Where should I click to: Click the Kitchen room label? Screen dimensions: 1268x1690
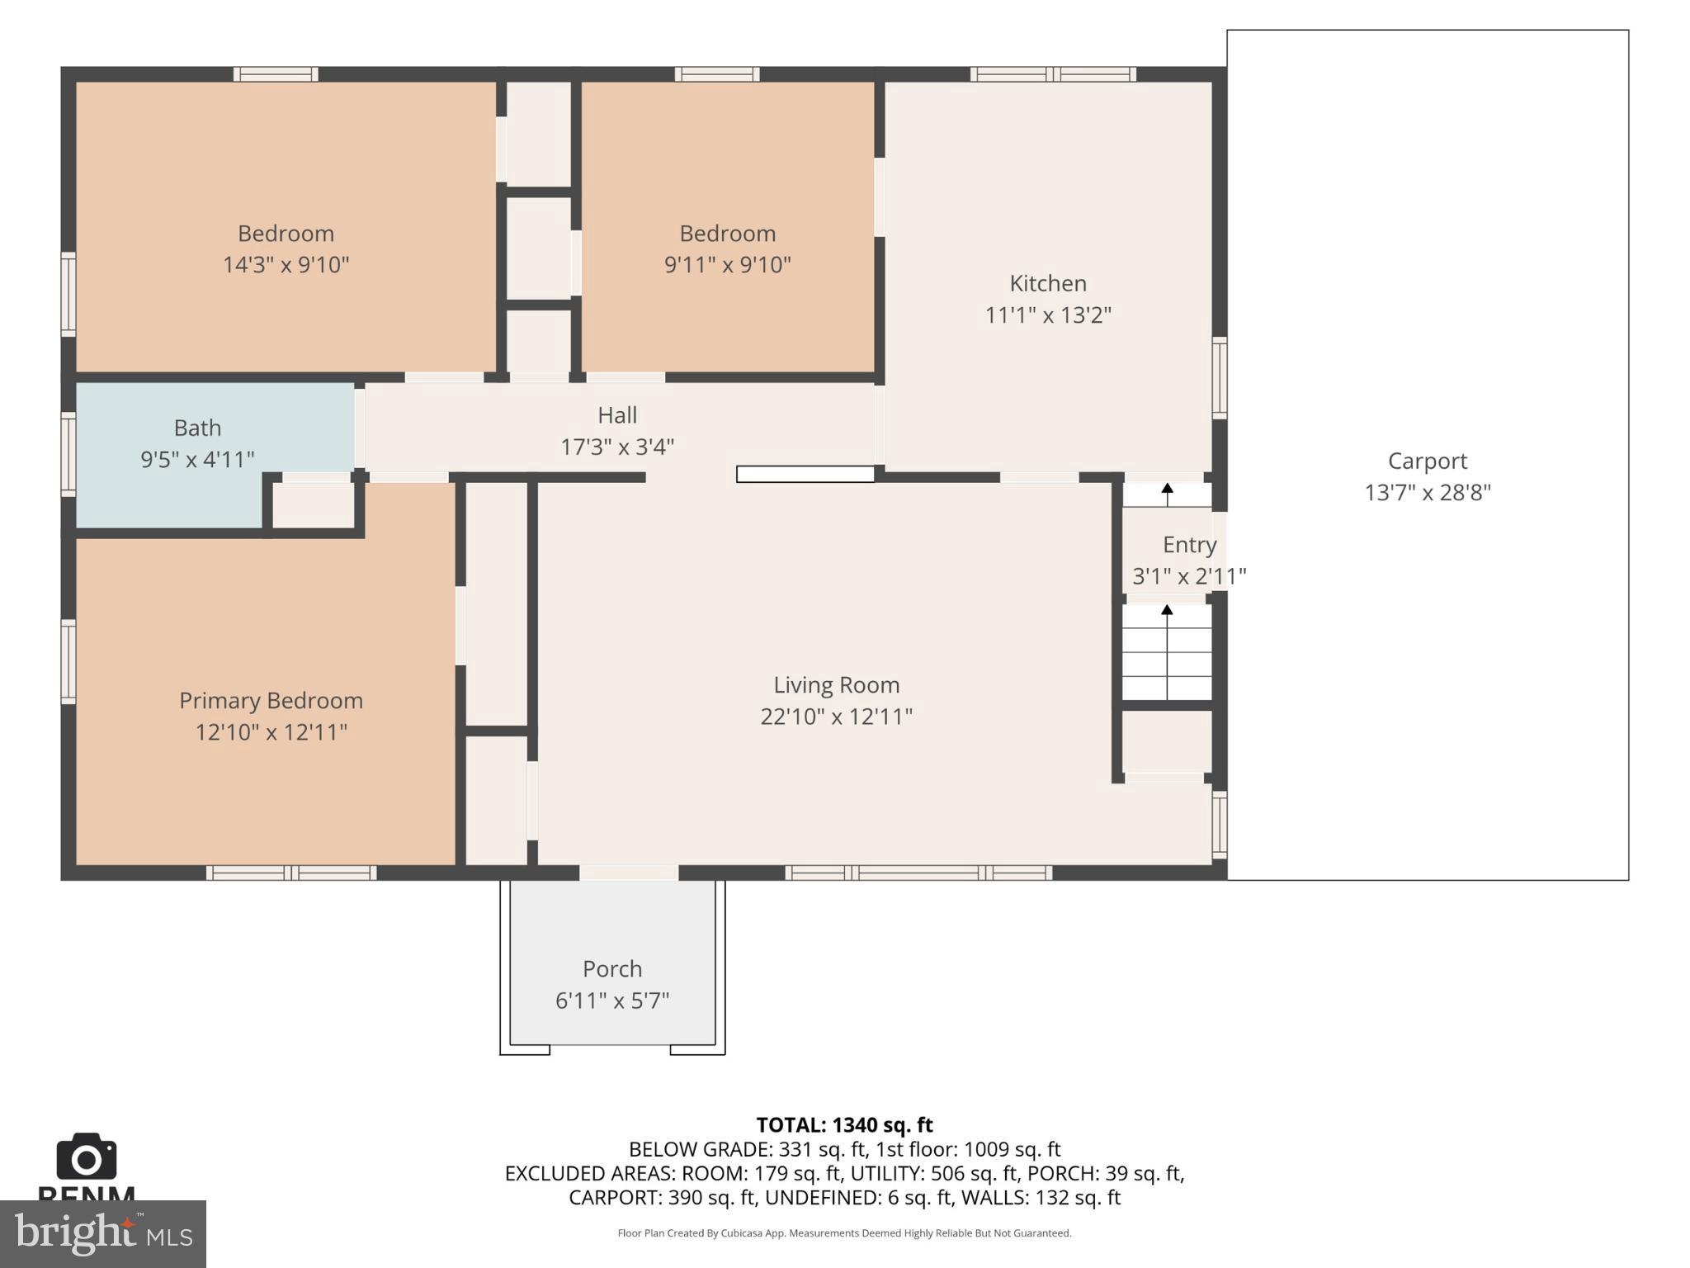[x=1047, y=283]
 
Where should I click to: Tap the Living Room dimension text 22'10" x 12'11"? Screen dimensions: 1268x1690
[x=836, y=716]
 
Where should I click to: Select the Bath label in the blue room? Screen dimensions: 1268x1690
[x=197, y=428]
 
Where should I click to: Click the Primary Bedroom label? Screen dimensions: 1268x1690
[x=271, y=700]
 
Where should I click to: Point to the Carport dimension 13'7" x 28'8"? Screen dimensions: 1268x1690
[x=1427, y=492]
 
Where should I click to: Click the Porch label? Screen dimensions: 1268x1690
[x=611, y=968]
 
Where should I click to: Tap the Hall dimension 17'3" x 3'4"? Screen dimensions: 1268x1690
[x=617, y=447]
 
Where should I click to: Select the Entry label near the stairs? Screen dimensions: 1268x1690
[x=1189, y=544]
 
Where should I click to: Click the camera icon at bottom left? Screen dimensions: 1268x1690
[x=86, y=1157]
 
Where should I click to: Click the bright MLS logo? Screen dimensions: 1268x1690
[x=102, y=1233]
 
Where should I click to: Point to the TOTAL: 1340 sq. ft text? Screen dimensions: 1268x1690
[x=844, y=1124]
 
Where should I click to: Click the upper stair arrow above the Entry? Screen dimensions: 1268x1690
[x=1167, y=493]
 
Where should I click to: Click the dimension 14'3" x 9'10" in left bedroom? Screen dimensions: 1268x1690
[x=286, y=264]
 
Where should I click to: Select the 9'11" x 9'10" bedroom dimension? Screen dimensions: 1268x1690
[x=727, y=264]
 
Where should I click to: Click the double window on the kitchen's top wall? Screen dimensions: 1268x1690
[x=1052, y=74]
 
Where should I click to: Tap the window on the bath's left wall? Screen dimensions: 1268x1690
[x=68, y=454]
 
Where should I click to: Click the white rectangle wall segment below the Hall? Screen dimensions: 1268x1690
[x=805, y=474]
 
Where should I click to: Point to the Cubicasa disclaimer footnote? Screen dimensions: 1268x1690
[x=844, y=1233]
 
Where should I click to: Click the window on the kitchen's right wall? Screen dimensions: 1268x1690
[x=1219, y=377]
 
